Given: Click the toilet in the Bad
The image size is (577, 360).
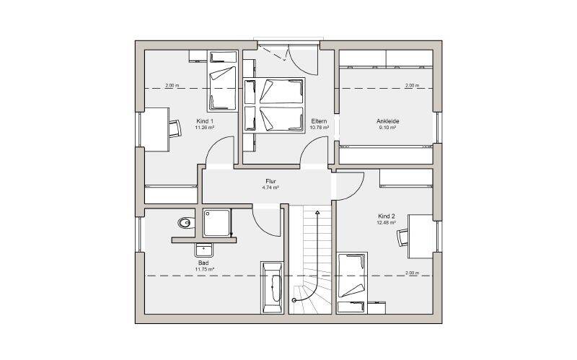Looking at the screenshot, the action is [186, 223].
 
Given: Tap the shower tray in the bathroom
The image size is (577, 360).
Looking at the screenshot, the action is [217, 222].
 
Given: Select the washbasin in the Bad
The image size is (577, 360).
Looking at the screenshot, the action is [204, 250].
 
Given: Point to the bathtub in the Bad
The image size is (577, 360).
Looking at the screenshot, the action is [272, 287].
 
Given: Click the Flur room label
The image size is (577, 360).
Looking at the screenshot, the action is [270, 181].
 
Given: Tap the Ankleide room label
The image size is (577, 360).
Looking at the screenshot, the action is [387, 121].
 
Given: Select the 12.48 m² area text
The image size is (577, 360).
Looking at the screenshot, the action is [386, 223].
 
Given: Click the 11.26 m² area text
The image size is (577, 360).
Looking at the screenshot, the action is [205, 128].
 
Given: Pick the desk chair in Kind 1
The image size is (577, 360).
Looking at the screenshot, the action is [175, 128].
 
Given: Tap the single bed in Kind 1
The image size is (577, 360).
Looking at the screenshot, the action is [222, 81].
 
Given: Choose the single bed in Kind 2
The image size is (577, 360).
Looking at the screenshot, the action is [352, 283].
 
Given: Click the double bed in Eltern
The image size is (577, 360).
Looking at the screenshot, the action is [274, 105].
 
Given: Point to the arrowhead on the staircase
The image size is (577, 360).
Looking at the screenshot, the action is [317, 212].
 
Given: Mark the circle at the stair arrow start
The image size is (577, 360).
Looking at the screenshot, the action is [294, 300].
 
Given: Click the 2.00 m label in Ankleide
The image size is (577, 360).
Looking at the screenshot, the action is [412, 85].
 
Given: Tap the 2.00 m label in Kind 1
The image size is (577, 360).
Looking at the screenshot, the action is [172, 85].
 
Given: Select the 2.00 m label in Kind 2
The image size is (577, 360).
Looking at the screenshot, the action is [412, 273].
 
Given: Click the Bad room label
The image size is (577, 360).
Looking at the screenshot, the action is [203, 263].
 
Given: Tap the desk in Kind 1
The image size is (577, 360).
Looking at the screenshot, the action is [157, 129].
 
